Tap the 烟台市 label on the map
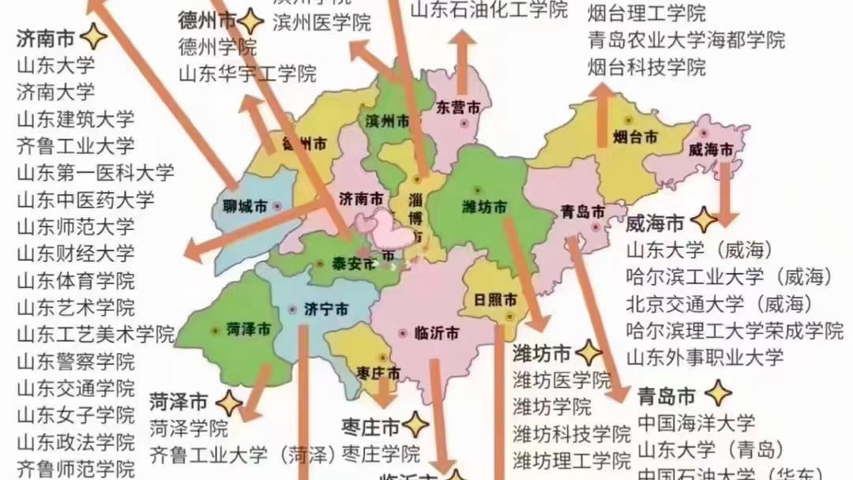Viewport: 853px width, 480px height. click(x=635, y=137)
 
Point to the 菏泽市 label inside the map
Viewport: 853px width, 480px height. click(x=248, y=329)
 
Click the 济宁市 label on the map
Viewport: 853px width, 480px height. click(x=325, y=310)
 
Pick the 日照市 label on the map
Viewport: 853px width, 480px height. click(x=495, y=300)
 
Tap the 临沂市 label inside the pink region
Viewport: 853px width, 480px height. click(x=436, y=333)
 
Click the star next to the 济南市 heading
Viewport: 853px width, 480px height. click(x=93, y=37)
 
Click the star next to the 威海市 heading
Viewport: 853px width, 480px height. click(x=703, y=220)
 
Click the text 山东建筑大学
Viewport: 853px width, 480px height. click(x=75, y=119)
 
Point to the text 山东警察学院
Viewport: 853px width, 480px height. click(x=75, y=362)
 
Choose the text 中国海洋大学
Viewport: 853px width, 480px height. click(x=696, y=422)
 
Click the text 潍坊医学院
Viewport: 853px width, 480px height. click(x=561, y=380)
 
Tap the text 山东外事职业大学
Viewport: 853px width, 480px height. click(x=705, y=356)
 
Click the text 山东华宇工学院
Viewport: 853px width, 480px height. click(x=247, y=74)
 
